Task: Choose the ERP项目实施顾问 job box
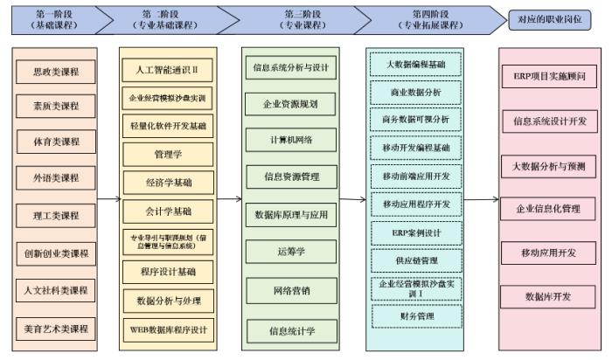click(549, 76)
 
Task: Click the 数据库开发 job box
click(549, 296)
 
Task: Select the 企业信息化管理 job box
click(549, 209)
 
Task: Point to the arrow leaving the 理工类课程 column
click(108, 199)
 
